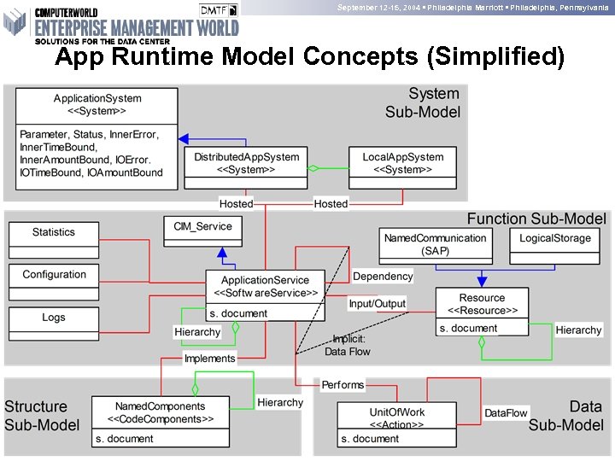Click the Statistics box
[54, 232]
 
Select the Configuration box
[54, 275]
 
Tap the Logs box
[54, 318]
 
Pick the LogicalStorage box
[555, 238]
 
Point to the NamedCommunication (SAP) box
[436, 244]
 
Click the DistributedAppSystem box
[246, 163]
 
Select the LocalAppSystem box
[403, 163]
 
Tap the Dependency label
[383, 277]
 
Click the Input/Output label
[378, 304]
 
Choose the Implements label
[210, 359]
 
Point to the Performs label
[343, 386]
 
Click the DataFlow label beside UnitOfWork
[506, 413]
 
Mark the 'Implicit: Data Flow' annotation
[348, 345]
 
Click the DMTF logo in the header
[219, 10]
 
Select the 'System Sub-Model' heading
[422, 102]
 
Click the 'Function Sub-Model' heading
[536, 219]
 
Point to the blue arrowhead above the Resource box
[482, 282]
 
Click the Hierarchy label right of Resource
[578, 330]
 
